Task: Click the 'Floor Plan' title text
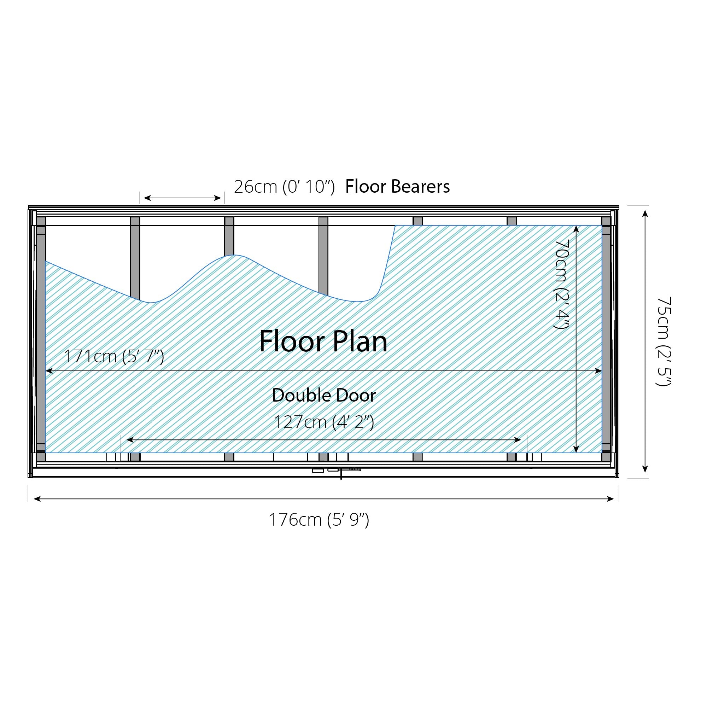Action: (323, 341)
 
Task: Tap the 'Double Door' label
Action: (324, 396)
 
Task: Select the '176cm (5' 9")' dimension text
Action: (319, 519)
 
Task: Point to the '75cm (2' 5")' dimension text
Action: (664, 341)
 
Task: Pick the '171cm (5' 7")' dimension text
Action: (114, 356)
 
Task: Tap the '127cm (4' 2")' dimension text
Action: (324, 422)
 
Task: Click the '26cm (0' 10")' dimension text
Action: (284, 187)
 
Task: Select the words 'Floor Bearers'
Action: (397, 186)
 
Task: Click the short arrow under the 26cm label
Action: (182, 198)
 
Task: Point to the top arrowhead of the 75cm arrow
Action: (645, 214)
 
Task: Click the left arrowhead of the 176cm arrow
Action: (37, 498)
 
